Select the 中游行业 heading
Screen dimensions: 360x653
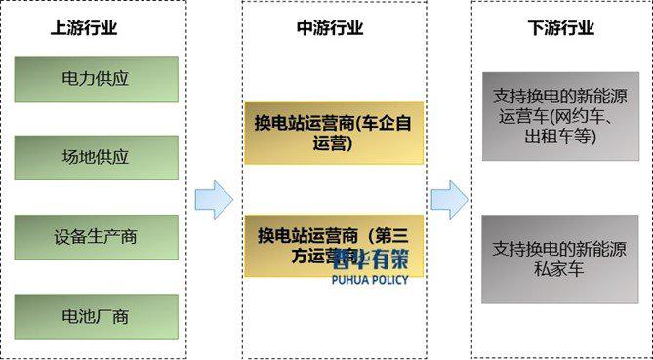click(330, 28)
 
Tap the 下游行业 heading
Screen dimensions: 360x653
click(560, 28)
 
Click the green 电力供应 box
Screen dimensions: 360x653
click(96, 79)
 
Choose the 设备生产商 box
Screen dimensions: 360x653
click(96, 237)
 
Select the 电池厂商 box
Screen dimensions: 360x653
click(96, 317)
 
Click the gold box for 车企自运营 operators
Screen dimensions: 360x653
click(334, 133)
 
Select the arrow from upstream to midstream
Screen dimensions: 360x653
click(214, 199)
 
